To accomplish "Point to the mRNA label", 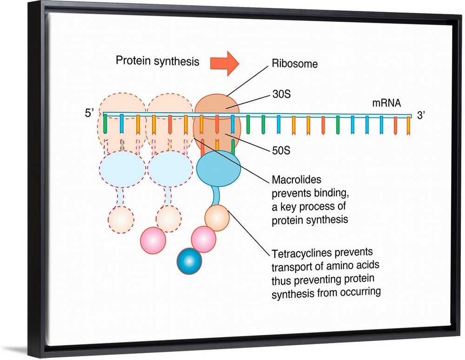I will coord(385,103).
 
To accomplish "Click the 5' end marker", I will coord(91,113).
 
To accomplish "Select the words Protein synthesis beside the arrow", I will coord(157,61).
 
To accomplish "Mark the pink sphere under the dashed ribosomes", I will coord(153,241).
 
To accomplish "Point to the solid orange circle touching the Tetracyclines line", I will coord(217,217).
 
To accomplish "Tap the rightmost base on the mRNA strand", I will coord(409,126).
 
